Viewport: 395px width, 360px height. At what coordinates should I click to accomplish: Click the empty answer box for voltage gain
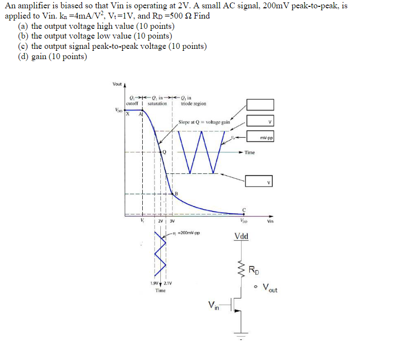(x=260, y=105)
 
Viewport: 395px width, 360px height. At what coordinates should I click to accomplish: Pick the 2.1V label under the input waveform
(x=167, y=283)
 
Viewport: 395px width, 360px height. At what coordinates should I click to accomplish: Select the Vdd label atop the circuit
(x=241, y=237)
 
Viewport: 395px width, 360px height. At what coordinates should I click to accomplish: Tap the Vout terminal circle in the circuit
(x=255, y=286)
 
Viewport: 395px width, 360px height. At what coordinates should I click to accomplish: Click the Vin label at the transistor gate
(x=214, y=305)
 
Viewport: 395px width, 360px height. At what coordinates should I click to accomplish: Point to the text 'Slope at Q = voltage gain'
(x=204, y=122)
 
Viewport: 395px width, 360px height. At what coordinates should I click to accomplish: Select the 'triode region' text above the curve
(x=193, y=104)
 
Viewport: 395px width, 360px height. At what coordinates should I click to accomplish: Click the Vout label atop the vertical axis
(x=117, y=84)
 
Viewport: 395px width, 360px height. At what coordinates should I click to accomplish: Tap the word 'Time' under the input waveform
(x=160, y=291)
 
